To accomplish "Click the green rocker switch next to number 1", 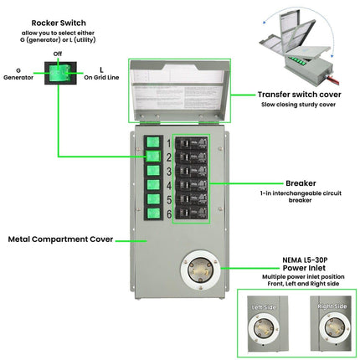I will tap(153, 142).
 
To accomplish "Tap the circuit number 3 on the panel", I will tap(168, 170).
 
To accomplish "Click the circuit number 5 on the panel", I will tap(168, 200).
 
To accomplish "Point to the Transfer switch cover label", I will tap(298, 95).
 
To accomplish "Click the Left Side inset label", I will tap(265, 307).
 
